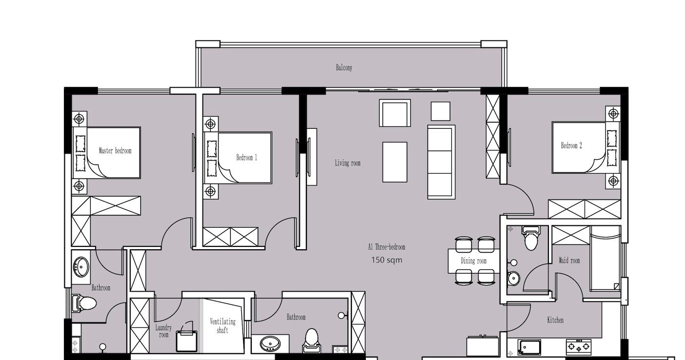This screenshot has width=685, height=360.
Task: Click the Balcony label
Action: click(344, 68)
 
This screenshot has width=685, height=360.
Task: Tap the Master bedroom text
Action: click(115, 150)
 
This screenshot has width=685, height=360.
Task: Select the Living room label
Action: click(347, 163)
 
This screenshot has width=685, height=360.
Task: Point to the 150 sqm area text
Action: click(386, 260)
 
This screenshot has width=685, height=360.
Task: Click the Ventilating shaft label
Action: click(222, 326)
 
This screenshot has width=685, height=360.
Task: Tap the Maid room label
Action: click(569, 260)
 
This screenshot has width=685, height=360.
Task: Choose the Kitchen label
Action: click(555, 320)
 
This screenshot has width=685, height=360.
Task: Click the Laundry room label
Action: click(163, 331)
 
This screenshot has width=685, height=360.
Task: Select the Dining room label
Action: click(473, 260)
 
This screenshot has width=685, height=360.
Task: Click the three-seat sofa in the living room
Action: click(441, 162)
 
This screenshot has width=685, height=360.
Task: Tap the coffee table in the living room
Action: click(395, 162)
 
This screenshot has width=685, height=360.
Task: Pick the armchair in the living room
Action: click(395, 113)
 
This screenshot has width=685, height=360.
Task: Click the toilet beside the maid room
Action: click(531, 238)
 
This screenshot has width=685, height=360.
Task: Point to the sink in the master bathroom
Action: click(81, 267)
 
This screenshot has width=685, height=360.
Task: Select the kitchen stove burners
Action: click(578, 347)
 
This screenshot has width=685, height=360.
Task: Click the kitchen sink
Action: click(529, 347)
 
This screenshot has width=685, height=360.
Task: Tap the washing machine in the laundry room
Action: click(186, 340)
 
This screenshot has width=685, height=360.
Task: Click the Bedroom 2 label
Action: click(571, 145)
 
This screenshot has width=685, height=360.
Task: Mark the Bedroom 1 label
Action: click(246, 158)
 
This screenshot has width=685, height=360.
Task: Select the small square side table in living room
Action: click(441, 111)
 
